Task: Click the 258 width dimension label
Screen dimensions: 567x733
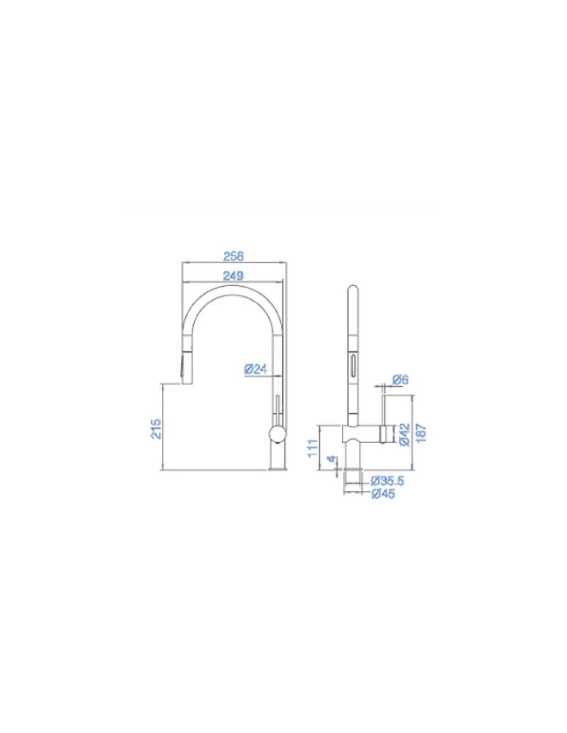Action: pyautogui.click(x=234, y=256)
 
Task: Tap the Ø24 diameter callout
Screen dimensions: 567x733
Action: pyautogui.click(x=255, y=370)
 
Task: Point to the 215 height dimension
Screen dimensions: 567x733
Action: pyautogui.click(x=156, y=428)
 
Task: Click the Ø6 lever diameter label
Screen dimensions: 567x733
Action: pyautogui.click(x=401, y=380)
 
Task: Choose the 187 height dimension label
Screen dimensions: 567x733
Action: pyautogui.click(x=422, y=434)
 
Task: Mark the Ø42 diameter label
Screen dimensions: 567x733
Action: pyautogui.click(x=405, y=435)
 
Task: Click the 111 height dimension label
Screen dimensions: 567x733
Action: pyautogui.click(x=313, y=447)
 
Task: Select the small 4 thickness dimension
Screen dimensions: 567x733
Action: pyautogui.click(x=332, y=459)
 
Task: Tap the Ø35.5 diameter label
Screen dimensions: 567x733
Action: pyautogui.click(x=387, y=481)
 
